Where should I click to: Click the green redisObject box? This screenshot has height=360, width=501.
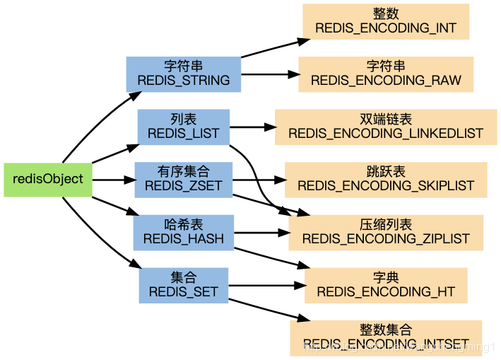[x=47, y=179]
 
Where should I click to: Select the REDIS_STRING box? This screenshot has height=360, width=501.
[x=184, y=74]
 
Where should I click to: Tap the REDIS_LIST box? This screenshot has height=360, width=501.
[x=184, y=127]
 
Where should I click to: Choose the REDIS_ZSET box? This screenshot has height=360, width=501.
[x=184, y=180]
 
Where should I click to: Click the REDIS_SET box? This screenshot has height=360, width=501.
[x=184, y=285]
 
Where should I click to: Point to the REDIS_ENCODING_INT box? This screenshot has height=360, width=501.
[x=386, y=21]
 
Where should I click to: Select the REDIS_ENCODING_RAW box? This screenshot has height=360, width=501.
[x=386, y=74]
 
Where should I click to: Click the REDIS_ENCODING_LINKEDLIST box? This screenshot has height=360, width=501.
[x=386, y=127]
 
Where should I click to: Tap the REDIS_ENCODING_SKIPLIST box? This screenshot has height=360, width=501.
[x=386, y=180]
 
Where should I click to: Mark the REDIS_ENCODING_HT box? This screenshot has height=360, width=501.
[x=386, y=285]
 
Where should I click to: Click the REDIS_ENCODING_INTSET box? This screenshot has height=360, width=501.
[x=386, y=337]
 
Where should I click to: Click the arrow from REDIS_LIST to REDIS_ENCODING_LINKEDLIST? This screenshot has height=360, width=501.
[x=252, y=128]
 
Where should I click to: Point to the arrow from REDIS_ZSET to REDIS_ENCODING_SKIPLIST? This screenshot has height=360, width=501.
[x=258, y=180]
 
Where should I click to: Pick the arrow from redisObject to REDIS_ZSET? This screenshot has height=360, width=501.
[x=113, y=180]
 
